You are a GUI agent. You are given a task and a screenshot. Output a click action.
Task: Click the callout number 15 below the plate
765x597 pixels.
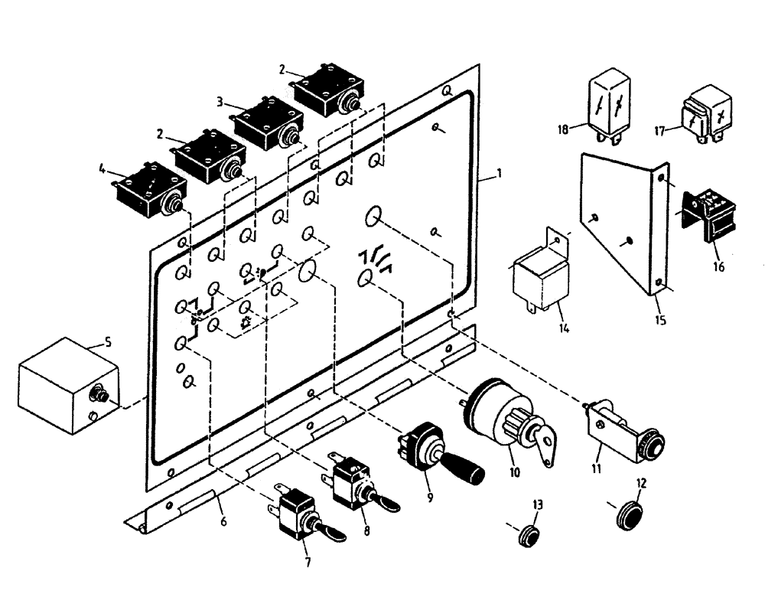coord(660,320)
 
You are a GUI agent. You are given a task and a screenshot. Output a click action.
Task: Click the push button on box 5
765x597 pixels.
coord(98,395)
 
